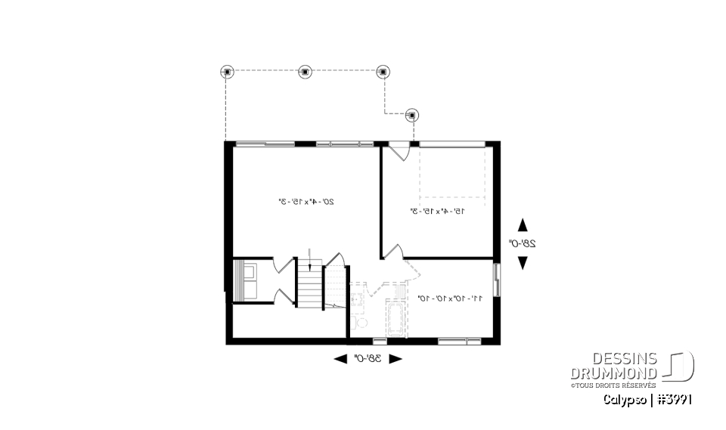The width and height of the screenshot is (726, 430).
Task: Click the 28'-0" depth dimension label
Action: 523,243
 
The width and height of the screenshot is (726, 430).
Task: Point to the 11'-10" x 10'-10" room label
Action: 445,298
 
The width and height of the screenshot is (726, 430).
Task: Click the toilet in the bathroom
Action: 361,323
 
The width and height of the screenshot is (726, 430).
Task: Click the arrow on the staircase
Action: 309,261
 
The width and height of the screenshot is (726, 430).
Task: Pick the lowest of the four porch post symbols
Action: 411,115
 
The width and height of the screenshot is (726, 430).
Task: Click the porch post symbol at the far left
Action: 227,72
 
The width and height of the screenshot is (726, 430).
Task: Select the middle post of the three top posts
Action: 304,72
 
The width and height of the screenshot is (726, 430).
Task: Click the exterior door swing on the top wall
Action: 399,150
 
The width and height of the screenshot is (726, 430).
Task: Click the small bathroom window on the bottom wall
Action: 380,341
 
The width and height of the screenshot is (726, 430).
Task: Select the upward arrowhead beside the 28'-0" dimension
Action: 522,224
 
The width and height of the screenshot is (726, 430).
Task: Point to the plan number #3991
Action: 673,399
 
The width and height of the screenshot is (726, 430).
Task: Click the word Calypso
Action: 626,399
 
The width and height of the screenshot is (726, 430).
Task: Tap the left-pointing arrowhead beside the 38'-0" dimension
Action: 340,359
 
